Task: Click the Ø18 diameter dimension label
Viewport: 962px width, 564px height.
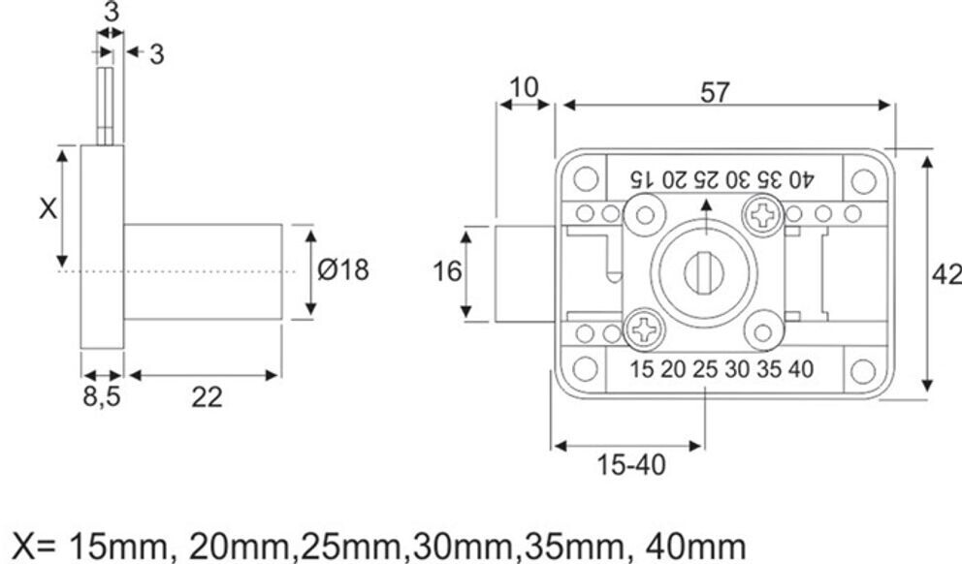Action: point(343,270)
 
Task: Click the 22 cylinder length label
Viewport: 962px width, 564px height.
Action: point(206,396)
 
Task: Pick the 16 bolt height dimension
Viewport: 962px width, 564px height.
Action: point(447,272)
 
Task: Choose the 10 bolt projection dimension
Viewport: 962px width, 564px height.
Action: point(524,87)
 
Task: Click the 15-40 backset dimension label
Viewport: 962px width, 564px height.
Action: point(631,465)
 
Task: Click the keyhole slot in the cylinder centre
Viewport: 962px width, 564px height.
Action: point(704,272)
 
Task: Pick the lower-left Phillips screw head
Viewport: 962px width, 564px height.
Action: point(644,329)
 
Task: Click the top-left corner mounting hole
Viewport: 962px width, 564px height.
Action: point(584,179)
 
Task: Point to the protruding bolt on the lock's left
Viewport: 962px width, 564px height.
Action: point(524,272)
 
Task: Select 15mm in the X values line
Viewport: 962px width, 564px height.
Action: point(123,544)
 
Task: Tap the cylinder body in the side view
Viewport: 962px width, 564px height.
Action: point(203,271)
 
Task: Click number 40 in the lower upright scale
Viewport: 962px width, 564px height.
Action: point(800,368)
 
